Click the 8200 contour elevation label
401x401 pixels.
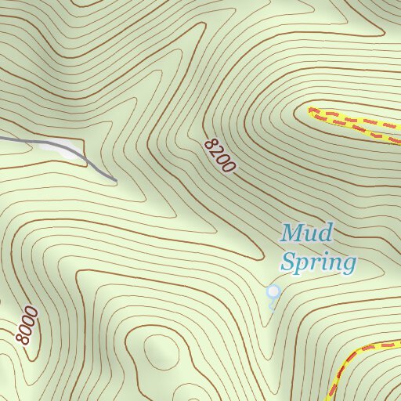pyautogui.click(x=219, y=156)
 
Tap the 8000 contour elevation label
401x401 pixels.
pyautogui.click(x=26, y=326)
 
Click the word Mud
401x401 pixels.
pyautogui.click(x=308, y=233)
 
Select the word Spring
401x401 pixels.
pyautogui.click(x=318, y=262)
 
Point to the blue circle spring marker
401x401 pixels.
pyautogui.click(x=273, y=291)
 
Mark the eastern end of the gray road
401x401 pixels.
pyautogui.click(x=115, y=181)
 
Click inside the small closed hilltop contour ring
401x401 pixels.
pyautogui.click(x=160, y=349)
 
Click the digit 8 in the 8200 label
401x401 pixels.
pyautogui.click(x=208, y=144)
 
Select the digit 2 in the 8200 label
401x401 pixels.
pyautogui.click(x=215, y=152)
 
